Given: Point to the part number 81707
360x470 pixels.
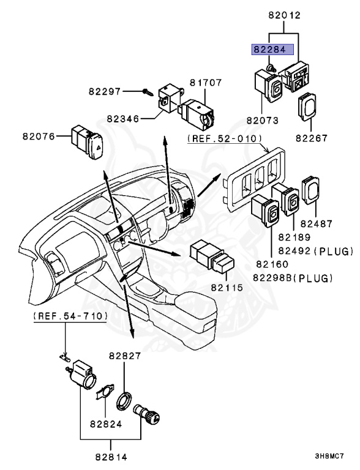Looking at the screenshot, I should tap(206, 81).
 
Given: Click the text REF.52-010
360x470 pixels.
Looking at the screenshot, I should tap(224, 138).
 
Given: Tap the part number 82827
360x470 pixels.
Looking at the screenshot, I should tap(126, 355).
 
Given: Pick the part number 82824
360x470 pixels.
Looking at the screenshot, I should tap(106, 422).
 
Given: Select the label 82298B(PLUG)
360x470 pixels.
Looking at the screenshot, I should tap(294, 277).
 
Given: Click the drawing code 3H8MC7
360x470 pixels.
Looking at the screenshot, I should tap(329, 457).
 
